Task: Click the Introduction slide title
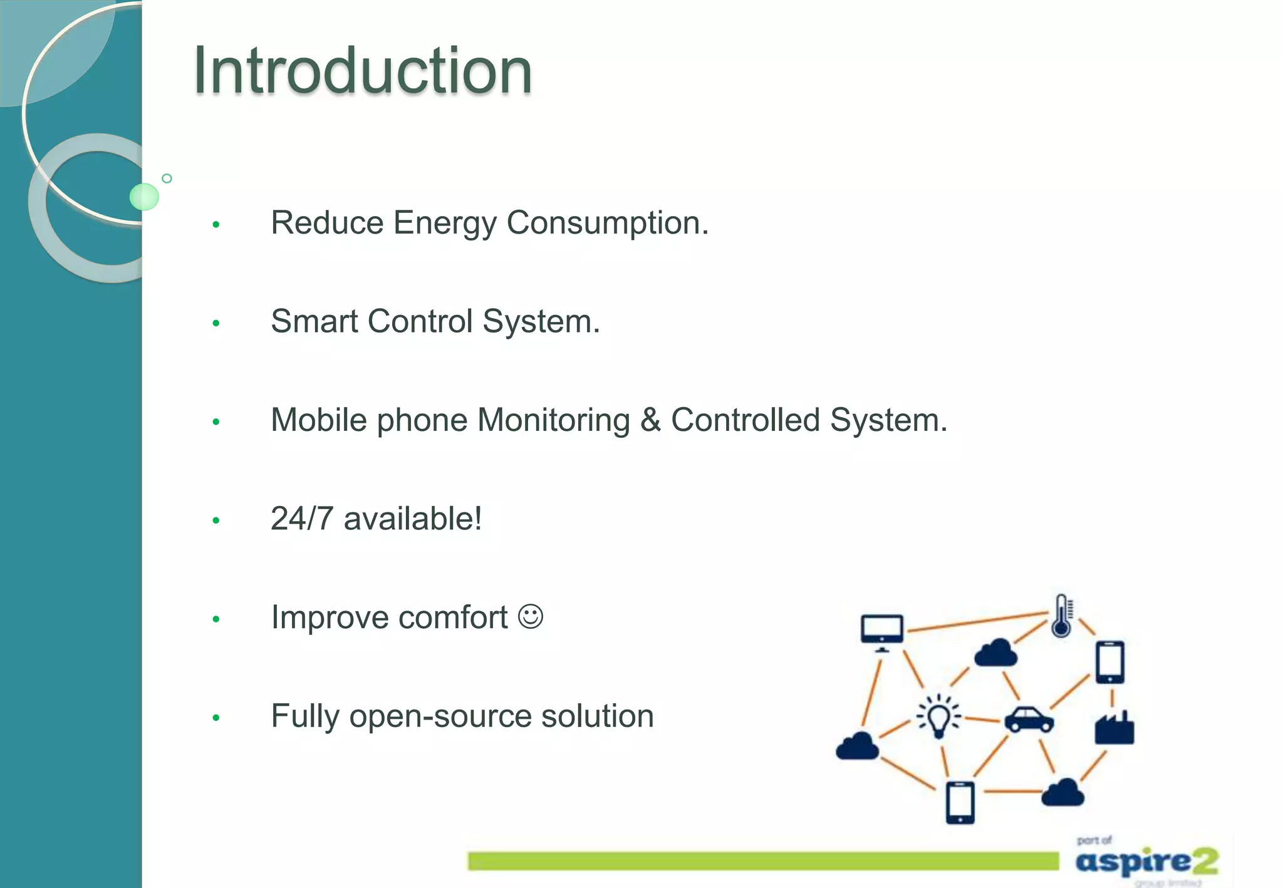point(363,70)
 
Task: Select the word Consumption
point(607,223)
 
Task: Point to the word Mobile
point(318,420)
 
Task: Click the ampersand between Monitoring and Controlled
point(650,420)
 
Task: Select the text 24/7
point(301,519)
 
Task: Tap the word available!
point(413,519)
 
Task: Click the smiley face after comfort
point(531,617)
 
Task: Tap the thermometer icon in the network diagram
point(1062,616)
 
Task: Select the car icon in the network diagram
point(1029,720)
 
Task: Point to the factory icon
point(1114,728)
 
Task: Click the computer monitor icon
point(882,631)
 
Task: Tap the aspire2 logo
point(1146,861)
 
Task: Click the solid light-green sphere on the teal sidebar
point(144,197)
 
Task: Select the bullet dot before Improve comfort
point(216,619)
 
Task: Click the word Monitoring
point(553,420)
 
